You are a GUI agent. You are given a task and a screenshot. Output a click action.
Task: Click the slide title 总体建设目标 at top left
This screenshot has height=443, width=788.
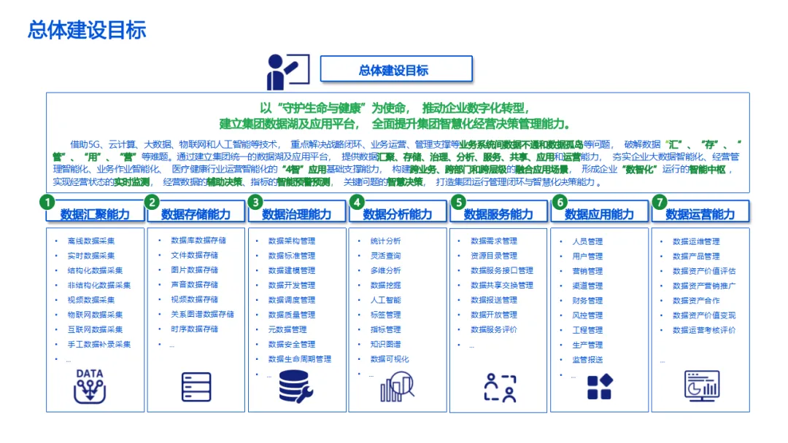coord(87,30)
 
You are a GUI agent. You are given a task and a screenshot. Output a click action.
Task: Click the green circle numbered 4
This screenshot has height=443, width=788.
coord(356,202)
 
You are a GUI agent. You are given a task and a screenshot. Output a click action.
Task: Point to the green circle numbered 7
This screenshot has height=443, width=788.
coord(660,202)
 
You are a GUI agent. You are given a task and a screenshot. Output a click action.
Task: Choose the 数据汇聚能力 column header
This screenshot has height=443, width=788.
coord(95,214)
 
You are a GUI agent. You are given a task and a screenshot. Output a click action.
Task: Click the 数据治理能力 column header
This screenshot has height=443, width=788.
coord(296,214)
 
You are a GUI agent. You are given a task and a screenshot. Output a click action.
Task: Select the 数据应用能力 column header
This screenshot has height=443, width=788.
coord(599,214)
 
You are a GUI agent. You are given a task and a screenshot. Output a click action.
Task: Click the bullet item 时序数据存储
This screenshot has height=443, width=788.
coord(194,329)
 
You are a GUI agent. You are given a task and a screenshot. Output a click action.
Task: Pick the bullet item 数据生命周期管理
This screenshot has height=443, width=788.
coord(299,359)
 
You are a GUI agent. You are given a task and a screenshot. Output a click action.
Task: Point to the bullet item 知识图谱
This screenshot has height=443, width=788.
coord(385,344)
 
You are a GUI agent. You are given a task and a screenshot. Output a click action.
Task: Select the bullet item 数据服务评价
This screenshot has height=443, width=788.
coord(494,329)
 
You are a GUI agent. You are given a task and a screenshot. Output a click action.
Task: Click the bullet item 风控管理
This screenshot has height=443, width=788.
coord(587,315)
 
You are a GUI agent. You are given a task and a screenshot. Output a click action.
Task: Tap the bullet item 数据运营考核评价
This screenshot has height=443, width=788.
coord(704,329)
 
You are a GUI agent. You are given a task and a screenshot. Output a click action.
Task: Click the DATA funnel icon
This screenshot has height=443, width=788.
coord(89,386)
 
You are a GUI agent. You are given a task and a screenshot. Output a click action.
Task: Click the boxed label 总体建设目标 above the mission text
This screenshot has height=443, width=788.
coord(394,70)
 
